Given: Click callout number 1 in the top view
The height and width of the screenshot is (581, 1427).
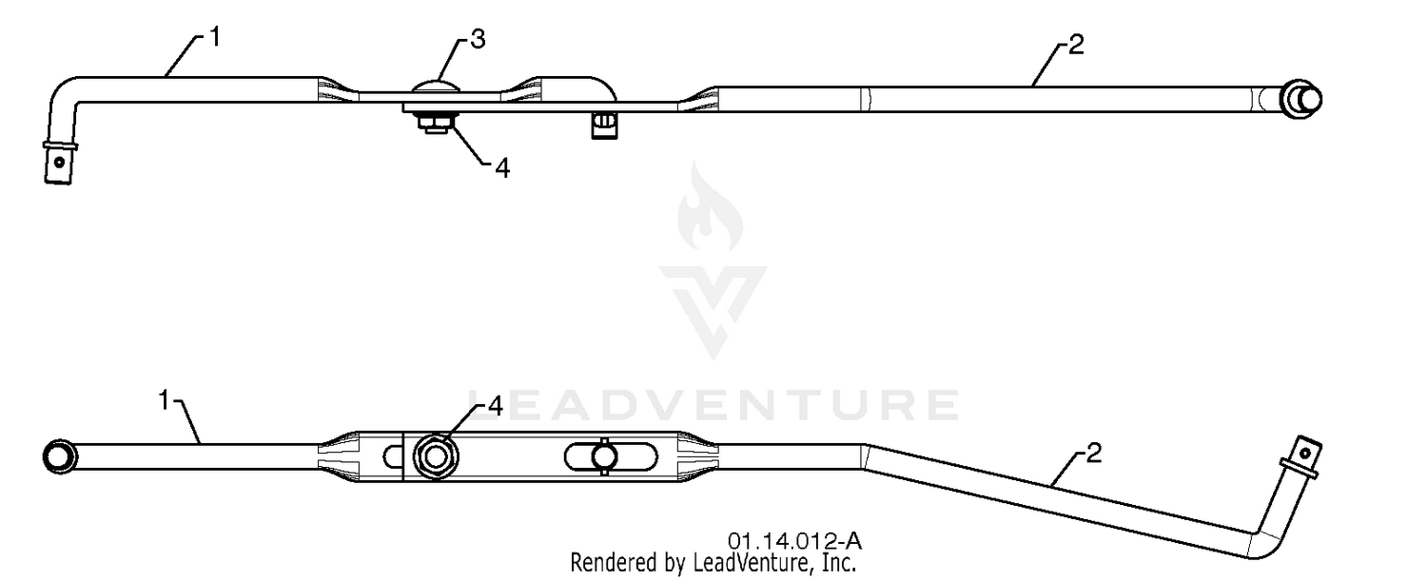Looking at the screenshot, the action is click(x=215, y=38).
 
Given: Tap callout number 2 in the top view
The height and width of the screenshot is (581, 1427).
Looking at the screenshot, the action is click(x=1075, y=45).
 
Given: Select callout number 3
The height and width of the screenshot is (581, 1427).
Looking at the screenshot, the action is click(x=478, y=40).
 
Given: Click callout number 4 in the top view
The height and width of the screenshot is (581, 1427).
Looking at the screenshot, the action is click(x=502, y=169).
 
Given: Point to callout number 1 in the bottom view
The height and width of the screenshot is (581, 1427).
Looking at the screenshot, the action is click(x=164, y=400).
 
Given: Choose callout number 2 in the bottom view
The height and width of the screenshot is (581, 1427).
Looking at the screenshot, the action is click(x=1093, y=453).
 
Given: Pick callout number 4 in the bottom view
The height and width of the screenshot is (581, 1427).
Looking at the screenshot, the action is click(x=495, y=406).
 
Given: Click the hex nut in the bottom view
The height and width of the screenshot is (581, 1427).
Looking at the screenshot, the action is click(x=436, y=456).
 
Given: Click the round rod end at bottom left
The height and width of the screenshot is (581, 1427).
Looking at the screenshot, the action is click(x=60, y=456).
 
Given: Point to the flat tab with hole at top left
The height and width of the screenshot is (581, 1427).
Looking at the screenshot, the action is click(x=59, y=163).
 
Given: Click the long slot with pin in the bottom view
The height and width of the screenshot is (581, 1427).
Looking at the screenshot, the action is click(x=611, y=456).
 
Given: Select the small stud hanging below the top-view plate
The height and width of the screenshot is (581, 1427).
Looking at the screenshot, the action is click(x=603, y=125).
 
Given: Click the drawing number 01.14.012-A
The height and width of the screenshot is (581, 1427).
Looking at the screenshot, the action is click(x=794, y=542).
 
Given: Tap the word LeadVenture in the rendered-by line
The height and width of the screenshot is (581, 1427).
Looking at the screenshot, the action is click(x=752, y=563).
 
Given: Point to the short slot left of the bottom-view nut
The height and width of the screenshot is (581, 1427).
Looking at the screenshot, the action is click(x=392, y=456).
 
